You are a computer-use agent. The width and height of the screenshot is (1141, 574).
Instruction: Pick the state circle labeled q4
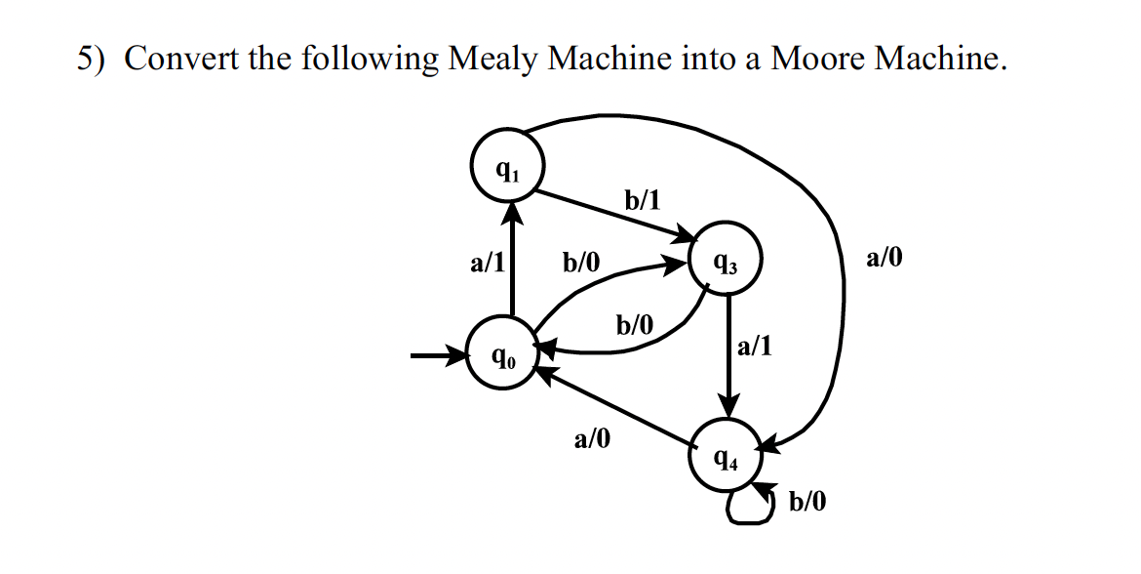click(x=725, y=456)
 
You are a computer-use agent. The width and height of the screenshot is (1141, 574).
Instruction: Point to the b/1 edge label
click(x=642, y=201)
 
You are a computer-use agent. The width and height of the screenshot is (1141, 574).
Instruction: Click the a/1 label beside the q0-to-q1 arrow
click(x=487, y=262)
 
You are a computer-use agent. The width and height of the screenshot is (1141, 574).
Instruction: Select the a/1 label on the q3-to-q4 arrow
click(x=755, y=346)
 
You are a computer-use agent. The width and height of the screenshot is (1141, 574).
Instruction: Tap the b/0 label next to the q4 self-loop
click(x=807, y=503)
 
